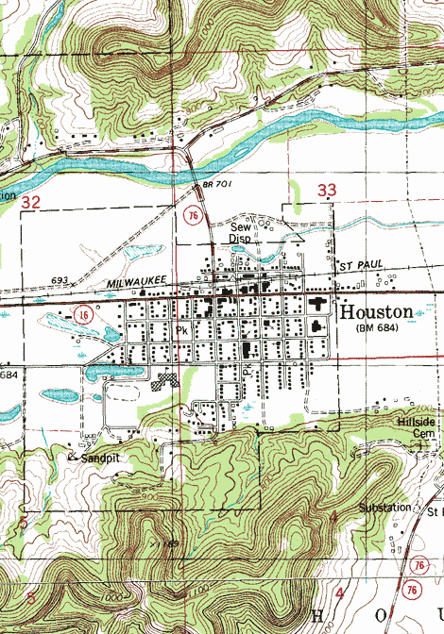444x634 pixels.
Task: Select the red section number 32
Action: (x=31, y=202)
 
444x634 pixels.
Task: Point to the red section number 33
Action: (x=327, y=191)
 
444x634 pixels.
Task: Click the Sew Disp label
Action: (x=243, y=233)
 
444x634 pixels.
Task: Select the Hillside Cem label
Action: (x=418, y=427)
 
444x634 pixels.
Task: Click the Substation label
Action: (x=384, y=508)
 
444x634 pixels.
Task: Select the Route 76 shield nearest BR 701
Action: (x=193, y=217)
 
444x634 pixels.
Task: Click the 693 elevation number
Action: (x=62, y=281)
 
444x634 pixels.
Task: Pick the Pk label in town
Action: (x=181, y=331)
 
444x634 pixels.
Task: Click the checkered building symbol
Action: (x=167, y=380)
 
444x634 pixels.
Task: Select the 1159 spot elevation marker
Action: (x=171, y=543)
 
